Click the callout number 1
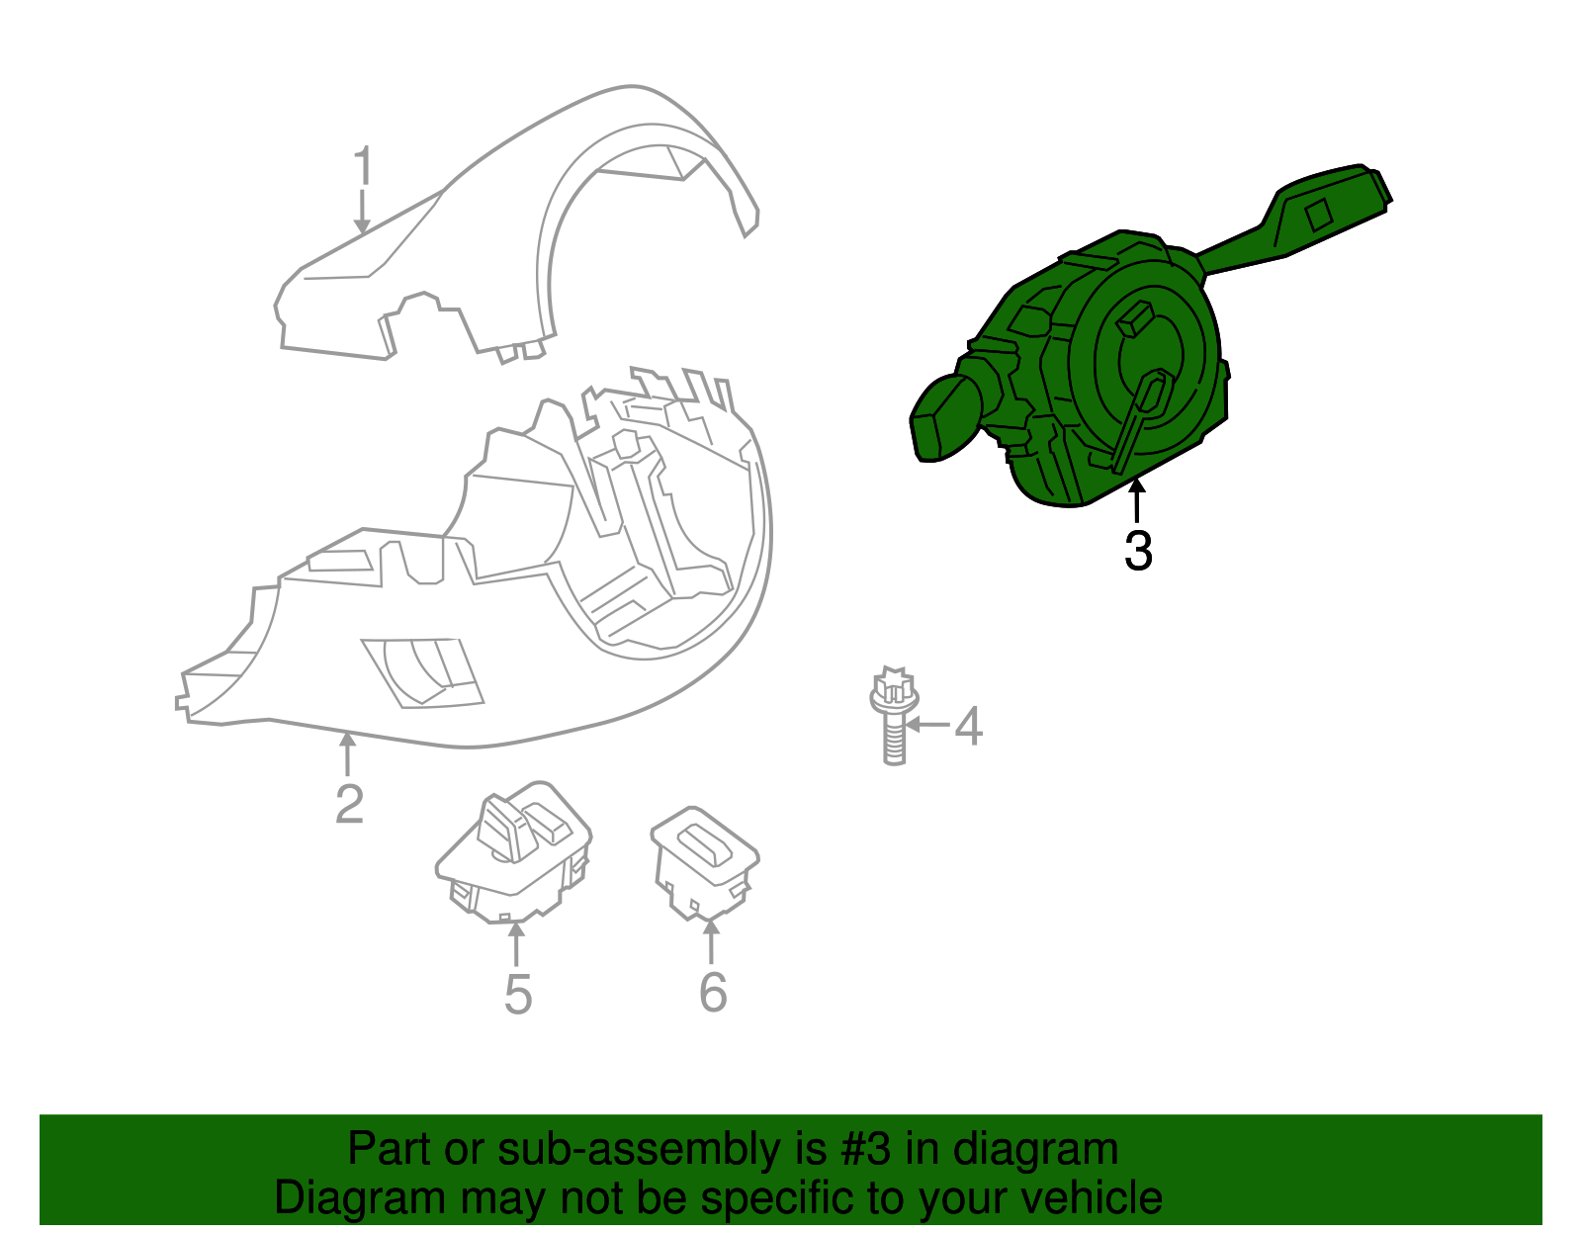(364, 166)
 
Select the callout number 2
(349, 804)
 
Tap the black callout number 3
(1138, 551)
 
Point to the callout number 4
(968, 727)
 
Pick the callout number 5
(518, 994)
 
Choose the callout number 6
(713, 992)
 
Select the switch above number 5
(514, 849)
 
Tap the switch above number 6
(704, 860)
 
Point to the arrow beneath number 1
(363, 212)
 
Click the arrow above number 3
(1137, 499)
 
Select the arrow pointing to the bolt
(927, 725)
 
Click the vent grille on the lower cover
(423, 672)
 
